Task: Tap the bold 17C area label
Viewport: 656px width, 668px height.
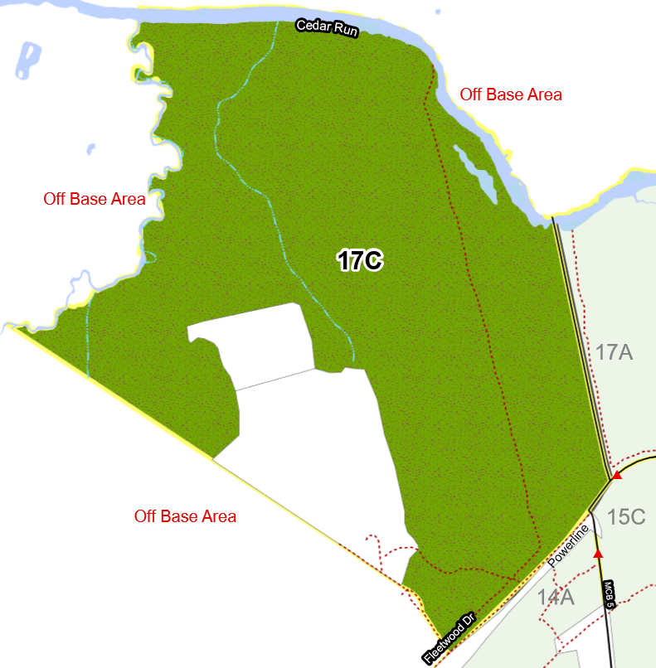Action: point(360,261)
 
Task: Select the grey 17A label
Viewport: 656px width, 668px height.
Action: point(615,352)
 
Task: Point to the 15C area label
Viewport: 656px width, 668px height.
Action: point(626,517)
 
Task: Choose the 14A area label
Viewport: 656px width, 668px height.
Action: point(556,597)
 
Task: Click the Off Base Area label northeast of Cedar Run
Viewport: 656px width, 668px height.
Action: point(511,94)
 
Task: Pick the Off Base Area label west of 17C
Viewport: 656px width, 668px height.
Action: point(95,200)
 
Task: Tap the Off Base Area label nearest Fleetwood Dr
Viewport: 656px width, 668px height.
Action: point(185,517)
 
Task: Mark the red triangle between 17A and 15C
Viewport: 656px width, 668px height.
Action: point(616,476)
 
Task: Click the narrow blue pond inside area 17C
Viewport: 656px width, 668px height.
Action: point(476,174)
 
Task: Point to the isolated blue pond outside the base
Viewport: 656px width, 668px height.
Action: point(27,60)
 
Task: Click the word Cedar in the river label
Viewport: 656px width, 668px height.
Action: point(314,27)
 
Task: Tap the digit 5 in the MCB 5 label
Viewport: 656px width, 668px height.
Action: point(610,606)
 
